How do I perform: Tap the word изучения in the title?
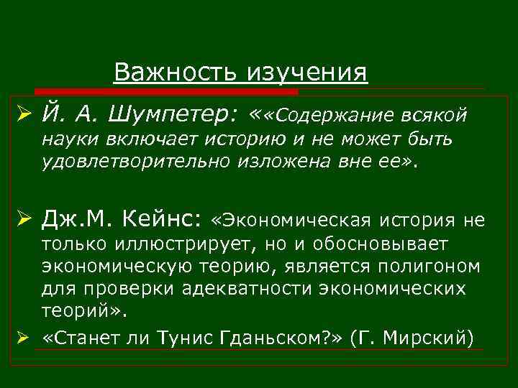308,72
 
